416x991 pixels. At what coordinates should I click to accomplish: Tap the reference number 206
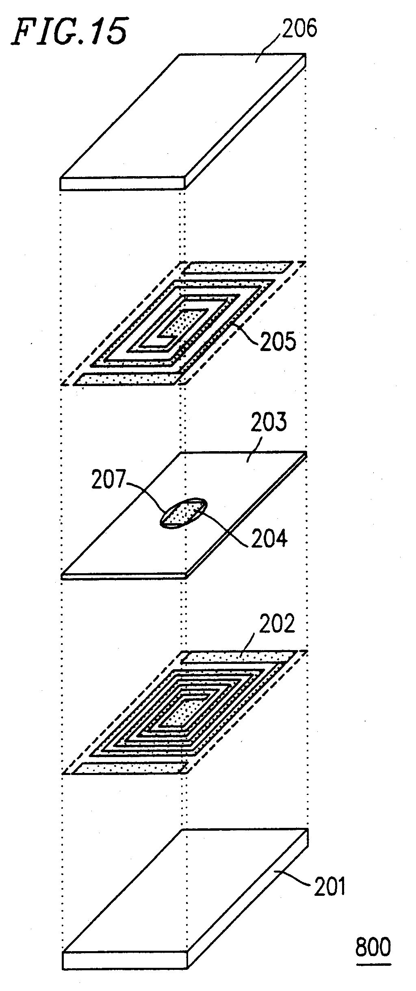[x=299, y=29]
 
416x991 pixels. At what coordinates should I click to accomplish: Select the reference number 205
[x=278, y=342]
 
